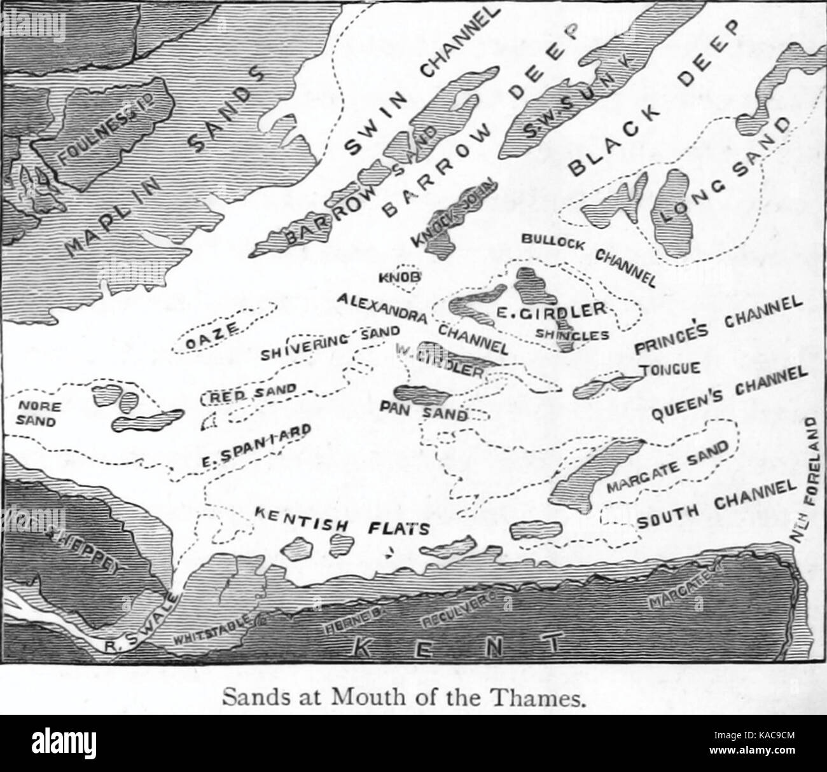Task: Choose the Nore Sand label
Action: click(x=37, y=413)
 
